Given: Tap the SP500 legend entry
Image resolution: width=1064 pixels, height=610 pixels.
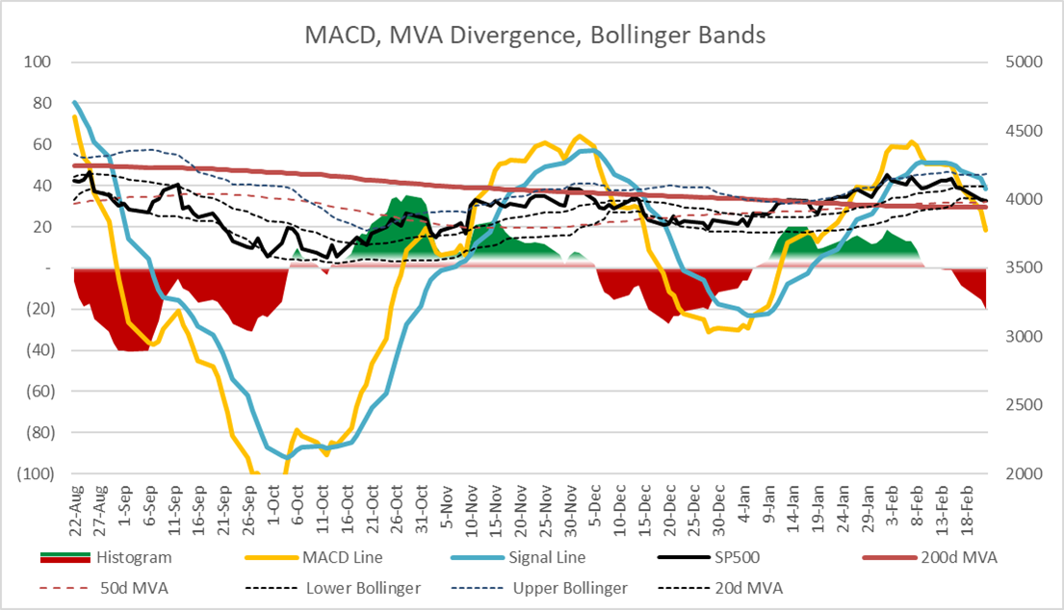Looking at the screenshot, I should tap(743, 558).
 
